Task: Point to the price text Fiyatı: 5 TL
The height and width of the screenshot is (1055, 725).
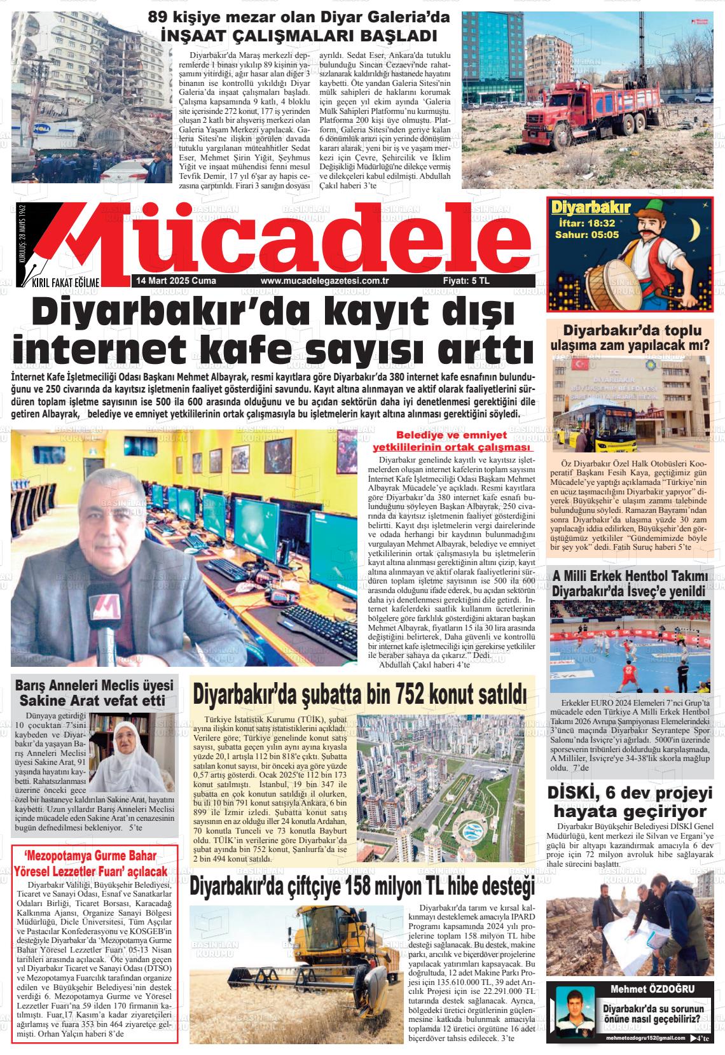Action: pos(466,281)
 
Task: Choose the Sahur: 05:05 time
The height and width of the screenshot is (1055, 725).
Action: pos(586,235)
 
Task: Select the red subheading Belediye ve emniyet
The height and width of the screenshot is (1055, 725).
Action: pos(452,436)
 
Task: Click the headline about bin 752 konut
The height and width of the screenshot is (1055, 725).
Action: pos(361,694)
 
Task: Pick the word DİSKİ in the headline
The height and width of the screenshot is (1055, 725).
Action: pos(571,793)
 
